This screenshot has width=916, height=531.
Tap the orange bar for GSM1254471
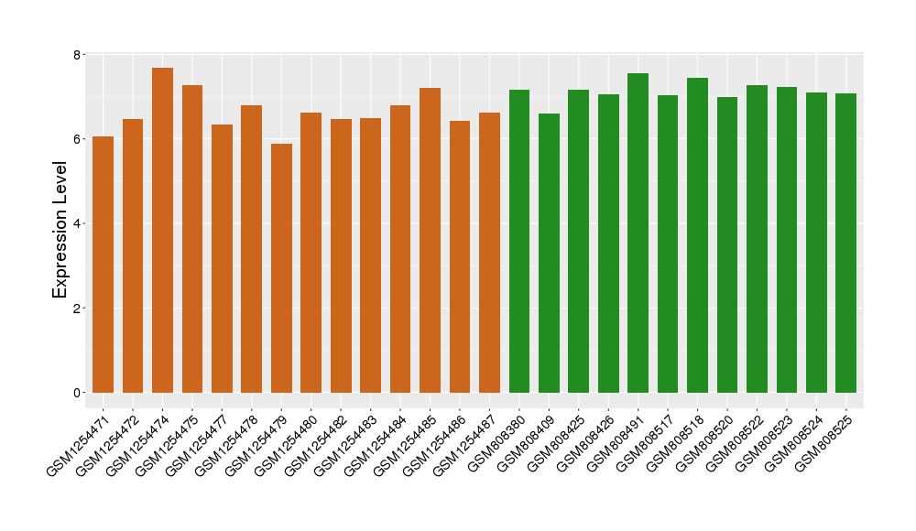click(x=103, y=265)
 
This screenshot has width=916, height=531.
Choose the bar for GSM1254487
click(x=489, y=253)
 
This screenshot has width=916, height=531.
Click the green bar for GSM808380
click(x=519, y=242)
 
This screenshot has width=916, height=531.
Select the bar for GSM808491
click(x=638, y=233)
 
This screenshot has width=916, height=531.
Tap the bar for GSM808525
click(x=846, y=244)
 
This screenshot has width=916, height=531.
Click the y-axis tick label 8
click(x=78, y=55)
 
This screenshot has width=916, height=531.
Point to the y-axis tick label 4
click(x=78, y=223)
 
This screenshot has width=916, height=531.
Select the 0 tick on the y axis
click(x=78, y=393)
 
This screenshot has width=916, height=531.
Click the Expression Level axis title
click(x=60, y=229)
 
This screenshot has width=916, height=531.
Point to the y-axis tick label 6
click(x=78, y=139)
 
